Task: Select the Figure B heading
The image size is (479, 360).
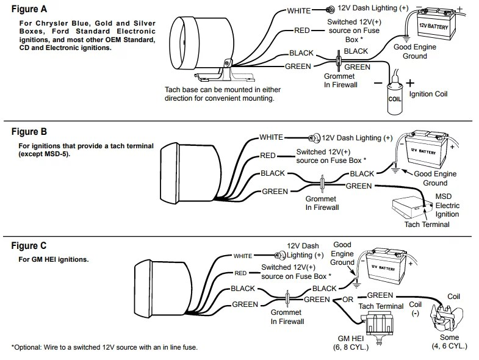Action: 29,132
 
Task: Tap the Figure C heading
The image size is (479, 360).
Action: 29,247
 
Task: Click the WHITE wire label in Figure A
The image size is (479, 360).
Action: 299,10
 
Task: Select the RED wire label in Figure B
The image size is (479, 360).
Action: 268,156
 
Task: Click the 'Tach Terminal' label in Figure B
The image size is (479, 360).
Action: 427,224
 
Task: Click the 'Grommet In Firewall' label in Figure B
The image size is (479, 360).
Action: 322,203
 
